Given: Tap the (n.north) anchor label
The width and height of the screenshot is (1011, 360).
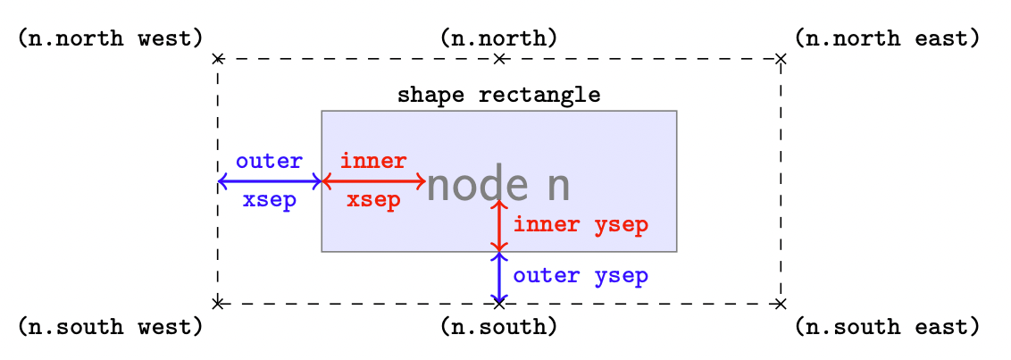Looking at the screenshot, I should [499, 38].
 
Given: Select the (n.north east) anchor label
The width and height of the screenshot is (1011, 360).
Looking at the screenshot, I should [887, 38].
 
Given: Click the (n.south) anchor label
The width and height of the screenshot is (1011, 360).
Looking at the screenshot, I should [499, 327].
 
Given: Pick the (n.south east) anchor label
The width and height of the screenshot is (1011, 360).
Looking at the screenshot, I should [887, 327].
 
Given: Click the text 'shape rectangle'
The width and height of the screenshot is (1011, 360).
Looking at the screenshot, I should [499, 95].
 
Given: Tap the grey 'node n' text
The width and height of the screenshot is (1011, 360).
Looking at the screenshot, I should [498, 186].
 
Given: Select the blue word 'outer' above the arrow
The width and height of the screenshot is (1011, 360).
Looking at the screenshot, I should [269, 162].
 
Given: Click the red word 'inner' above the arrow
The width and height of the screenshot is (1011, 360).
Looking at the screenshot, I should [373, 162].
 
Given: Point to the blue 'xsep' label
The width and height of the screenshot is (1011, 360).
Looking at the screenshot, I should [269, 200].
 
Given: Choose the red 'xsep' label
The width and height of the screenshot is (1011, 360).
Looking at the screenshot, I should [373, 200].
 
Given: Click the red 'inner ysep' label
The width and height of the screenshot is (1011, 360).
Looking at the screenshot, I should [581, 224].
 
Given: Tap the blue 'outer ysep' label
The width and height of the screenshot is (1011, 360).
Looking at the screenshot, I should [581, 276].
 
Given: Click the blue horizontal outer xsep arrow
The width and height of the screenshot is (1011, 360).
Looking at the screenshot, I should [269, 181].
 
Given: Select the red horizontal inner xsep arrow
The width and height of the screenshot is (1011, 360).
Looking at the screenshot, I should [373, 181].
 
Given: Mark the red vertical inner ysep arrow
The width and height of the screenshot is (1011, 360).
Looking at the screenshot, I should [499, 226].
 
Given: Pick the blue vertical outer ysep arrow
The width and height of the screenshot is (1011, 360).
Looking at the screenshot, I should [499, 278].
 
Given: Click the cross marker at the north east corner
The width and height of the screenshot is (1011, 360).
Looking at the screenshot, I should [781, 59].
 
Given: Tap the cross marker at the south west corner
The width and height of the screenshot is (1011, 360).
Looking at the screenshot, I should [217, 304].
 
